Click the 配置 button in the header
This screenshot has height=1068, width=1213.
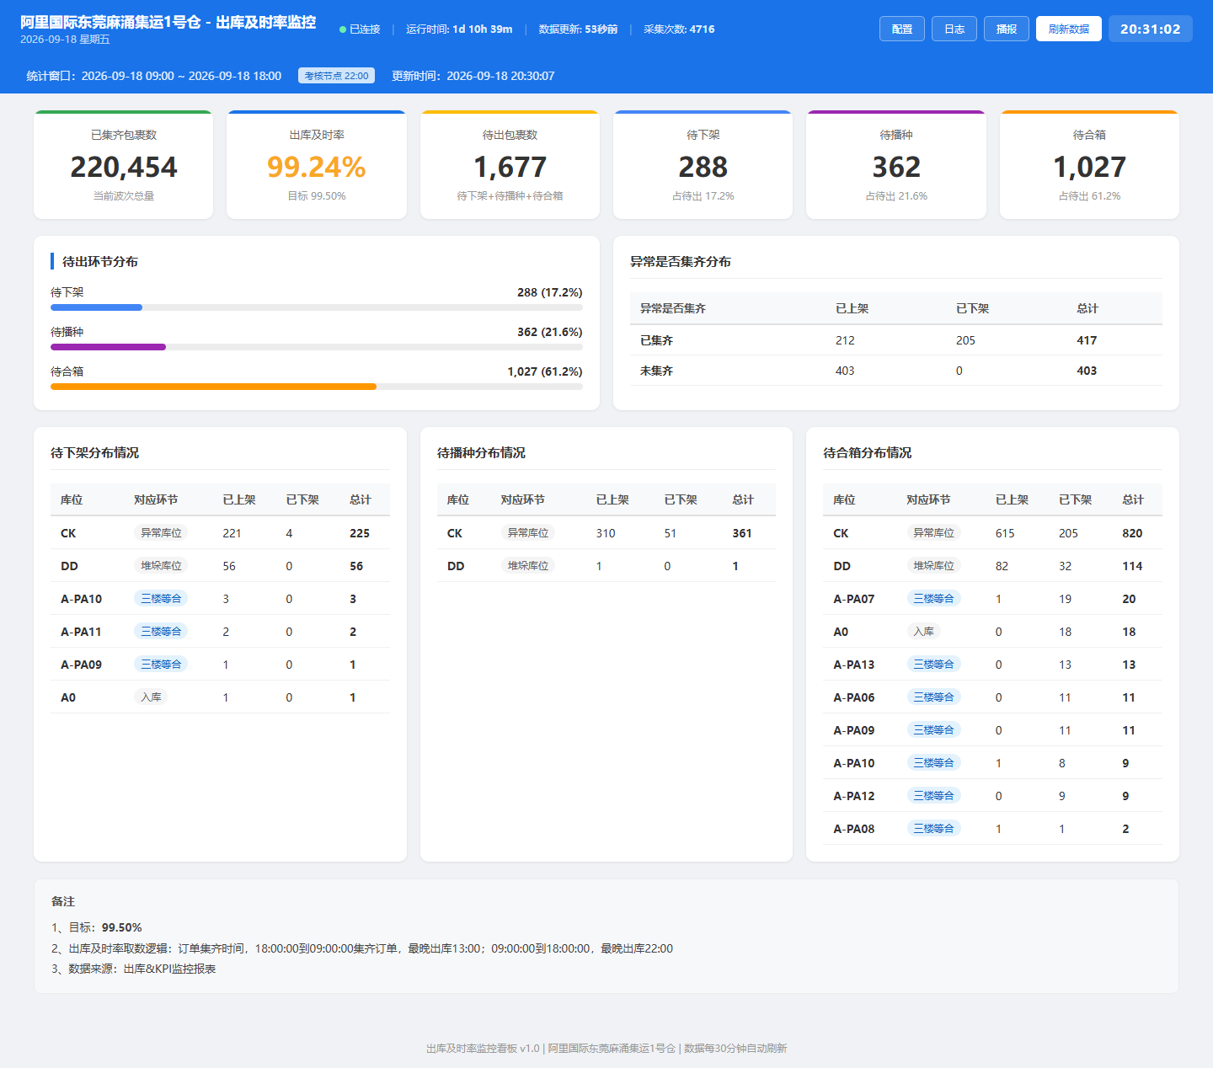point(901,29)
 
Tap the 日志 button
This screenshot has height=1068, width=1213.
point(954,29)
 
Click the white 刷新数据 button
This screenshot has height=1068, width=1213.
point(1069,29)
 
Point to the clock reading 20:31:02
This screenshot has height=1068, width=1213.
point(1150,29)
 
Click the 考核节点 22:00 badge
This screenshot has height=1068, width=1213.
point(336,76)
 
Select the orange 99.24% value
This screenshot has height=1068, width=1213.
point(317,167)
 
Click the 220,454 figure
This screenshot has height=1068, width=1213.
point(124,167)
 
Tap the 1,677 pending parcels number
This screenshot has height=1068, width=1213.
point(510,167)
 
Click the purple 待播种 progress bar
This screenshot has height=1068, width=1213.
point(109,347)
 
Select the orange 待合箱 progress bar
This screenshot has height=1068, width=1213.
point(214,387)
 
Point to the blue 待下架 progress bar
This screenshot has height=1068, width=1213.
point(96,307)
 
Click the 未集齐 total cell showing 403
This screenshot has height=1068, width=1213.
point(1087,371)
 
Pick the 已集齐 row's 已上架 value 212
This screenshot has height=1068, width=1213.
point(845,340)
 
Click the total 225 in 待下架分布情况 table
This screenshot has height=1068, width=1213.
point(359,533)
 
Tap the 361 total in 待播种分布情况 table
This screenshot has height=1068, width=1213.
point(742,533)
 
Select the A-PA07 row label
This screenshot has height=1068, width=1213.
point(854,599)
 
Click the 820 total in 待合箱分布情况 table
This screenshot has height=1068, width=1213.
point(1132,533)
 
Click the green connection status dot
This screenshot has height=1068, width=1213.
point(343,29)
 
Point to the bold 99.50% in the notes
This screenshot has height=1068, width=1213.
point(121,927)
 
